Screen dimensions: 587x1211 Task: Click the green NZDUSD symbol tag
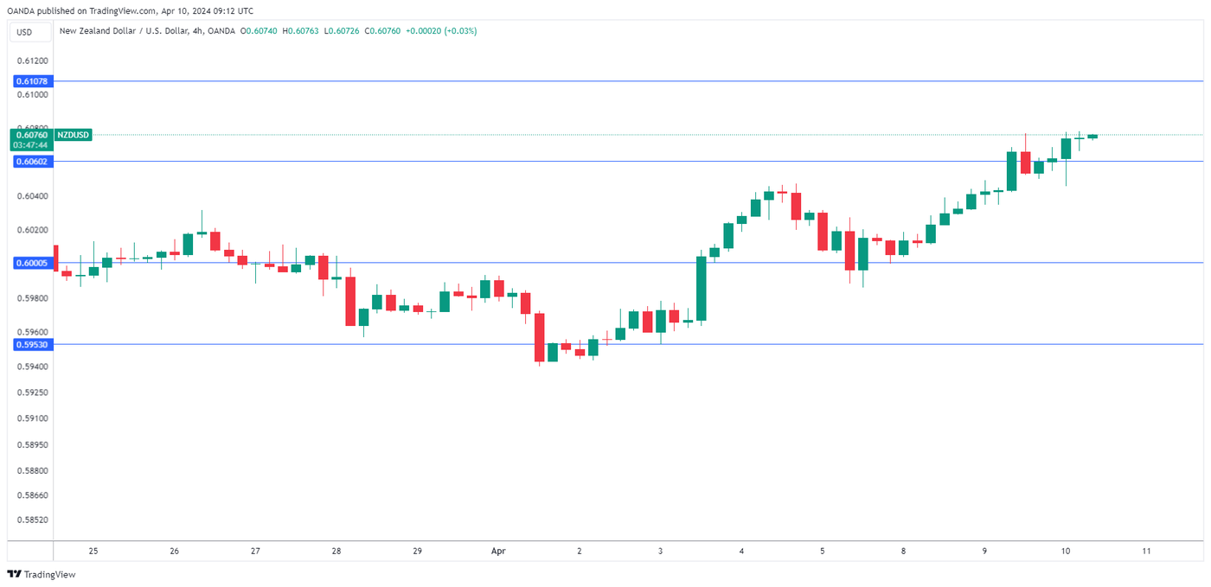coord(73,135)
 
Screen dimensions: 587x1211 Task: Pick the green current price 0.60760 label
coord(32,135)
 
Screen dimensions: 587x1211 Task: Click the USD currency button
coord(24,32)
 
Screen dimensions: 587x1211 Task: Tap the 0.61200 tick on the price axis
coord(33,61)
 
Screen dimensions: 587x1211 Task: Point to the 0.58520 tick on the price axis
coord(33,520)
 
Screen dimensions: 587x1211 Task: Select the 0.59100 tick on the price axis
coord(33,418)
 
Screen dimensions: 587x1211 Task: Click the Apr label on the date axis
coord(497,551)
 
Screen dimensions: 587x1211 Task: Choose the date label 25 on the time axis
coord(93,551)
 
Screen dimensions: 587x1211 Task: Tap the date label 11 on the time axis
coord(1146,551)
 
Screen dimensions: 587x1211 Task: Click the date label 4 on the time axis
coord(741,551)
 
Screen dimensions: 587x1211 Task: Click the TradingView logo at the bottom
coord(42,574)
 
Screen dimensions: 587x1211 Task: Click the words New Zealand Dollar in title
coord(94,31)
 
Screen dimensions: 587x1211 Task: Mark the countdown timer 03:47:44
coord(30,144)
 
